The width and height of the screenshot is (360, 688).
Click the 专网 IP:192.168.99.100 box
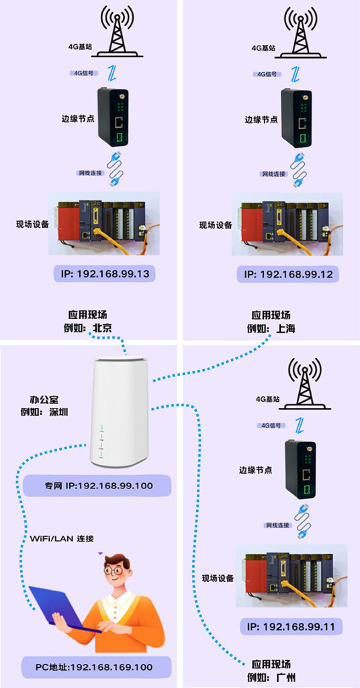[97, 486]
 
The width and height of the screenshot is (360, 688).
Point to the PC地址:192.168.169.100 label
[97, 667]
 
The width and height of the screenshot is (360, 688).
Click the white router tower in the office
[120, 413]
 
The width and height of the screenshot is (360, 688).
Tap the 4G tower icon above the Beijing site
[117, 32]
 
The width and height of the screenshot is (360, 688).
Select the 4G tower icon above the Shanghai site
[302, 32]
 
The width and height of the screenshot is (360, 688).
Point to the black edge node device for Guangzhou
[300, 468]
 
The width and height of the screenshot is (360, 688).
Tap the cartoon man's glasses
[116, 570]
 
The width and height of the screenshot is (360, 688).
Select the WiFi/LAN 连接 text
[62, 538]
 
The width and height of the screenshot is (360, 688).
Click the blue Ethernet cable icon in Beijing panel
[117, 169]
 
